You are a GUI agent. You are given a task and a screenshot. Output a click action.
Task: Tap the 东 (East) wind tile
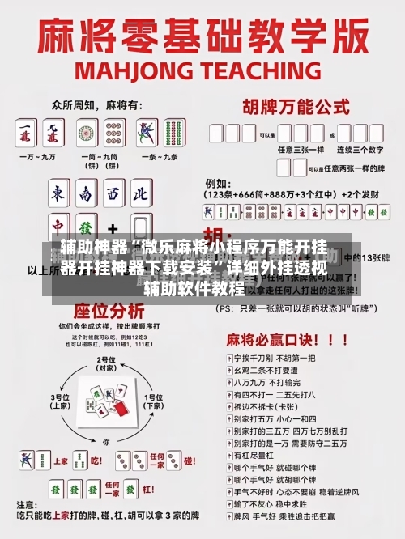58,195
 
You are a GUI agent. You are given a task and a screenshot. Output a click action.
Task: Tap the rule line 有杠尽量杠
249,456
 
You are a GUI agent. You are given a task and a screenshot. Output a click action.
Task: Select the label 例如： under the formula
217,184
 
